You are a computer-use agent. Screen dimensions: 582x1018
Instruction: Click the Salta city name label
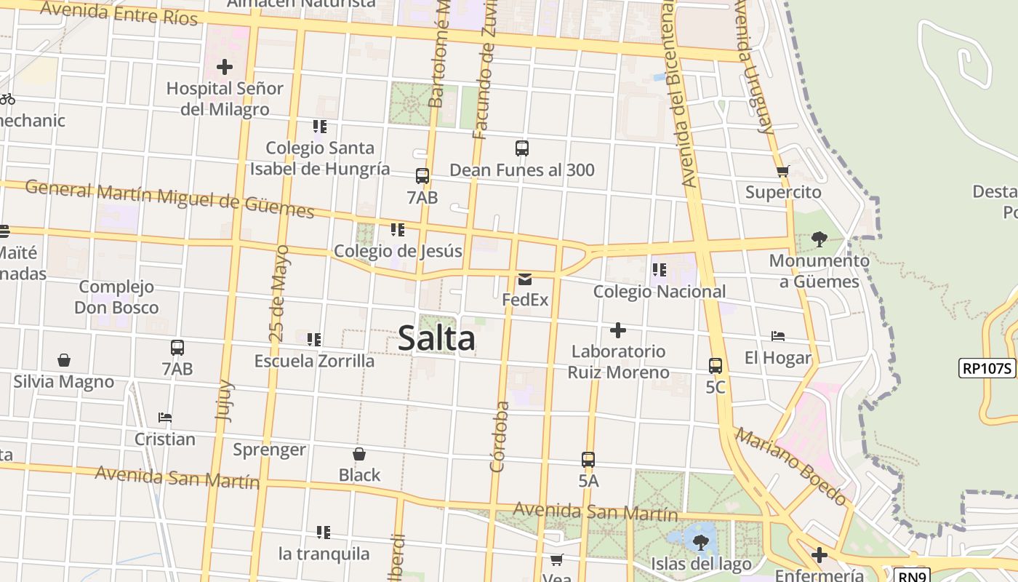pos(436,338)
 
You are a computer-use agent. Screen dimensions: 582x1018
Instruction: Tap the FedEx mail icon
pos(525,279)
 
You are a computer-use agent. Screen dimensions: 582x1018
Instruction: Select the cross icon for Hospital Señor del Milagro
pos(225,67)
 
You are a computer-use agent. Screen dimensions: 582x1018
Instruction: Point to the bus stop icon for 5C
pos(716,365)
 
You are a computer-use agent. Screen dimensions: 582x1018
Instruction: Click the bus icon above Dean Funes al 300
pos(522,148)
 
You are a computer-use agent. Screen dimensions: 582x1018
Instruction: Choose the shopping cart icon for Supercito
pos(782,172)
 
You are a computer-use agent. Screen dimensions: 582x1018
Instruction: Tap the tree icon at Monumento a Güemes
pos(819,239)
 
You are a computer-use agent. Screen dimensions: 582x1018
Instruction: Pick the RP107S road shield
pos(987,368)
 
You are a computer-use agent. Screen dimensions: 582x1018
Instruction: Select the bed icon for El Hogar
pos(778,336)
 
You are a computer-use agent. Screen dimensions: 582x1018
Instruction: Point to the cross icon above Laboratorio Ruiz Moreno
pos(618,330)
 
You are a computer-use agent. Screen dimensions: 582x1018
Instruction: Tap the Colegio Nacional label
pos(660,292)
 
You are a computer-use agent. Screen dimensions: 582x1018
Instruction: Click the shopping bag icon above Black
pos(359,454)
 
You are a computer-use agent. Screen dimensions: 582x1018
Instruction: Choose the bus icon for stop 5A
pos(588,460)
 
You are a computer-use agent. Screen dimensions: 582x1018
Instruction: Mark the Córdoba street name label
pos(500,436)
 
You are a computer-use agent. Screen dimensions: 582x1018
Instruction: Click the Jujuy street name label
pos(224,400)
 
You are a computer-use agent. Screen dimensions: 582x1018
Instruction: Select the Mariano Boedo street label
pos(791,466)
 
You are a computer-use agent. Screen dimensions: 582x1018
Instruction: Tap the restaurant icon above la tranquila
pos(324,533)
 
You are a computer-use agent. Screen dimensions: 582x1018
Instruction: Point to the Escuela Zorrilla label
pos(314,361)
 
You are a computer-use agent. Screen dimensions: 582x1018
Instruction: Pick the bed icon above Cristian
pos(165,418)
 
